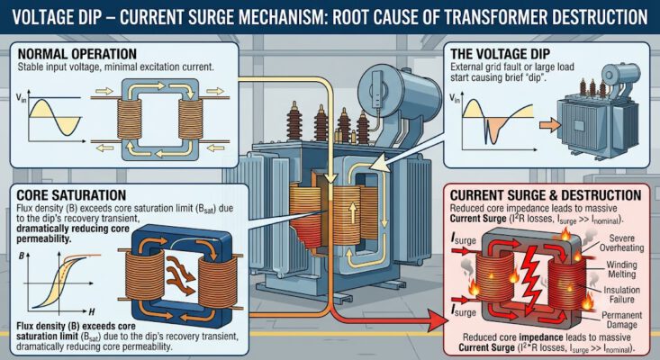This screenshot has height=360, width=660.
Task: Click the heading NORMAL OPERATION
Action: click(x=77, y=54)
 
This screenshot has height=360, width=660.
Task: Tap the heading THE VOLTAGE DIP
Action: click(x=500, y=54)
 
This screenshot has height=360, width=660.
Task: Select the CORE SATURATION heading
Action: click(x=71, y=195)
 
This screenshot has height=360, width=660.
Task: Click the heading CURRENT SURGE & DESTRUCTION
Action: click(x=546, y=195)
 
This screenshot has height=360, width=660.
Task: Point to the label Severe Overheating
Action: click(x=621, y=243)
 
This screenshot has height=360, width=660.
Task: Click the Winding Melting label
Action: click(x=621, y=269)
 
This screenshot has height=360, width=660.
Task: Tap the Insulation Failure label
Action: click(x=621, y=294)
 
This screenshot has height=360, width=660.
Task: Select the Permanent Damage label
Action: click(x=621, y=319)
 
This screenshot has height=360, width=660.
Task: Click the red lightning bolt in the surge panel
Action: click(x=531, y=277)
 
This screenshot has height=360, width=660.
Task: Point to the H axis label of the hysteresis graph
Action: click(x=91, y=312)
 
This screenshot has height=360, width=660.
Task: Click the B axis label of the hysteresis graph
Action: click(x=22, y=256)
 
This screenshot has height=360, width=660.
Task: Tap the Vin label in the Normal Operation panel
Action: click(x=21, y=98)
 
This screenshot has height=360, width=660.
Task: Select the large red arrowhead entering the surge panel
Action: click(x=439, y=321)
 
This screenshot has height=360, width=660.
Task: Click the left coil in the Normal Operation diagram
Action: click(x=130, y=120)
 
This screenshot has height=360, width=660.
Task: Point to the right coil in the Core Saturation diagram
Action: click(x=218, y=282)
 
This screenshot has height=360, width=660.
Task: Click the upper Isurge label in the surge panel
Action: click(x=464, y=239)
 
